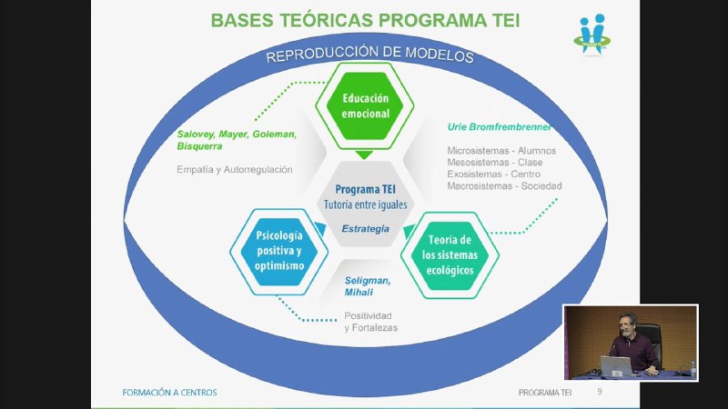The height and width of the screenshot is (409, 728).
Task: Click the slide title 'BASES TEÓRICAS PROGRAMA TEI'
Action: [365, 20]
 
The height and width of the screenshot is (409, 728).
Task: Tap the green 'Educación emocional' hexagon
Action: [365, 105]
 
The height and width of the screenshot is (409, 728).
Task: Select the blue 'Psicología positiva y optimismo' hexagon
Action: [279, 252]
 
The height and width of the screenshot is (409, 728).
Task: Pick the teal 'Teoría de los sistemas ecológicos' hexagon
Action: [450, 255]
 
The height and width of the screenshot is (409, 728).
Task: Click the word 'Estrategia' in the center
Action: [366, 229]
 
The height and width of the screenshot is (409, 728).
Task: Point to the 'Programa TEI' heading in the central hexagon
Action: [366, 189]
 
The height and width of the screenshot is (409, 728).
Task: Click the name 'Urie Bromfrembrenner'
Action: [499, 127]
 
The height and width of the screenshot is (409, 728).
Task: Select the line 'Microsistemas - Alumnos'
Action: [501, 151]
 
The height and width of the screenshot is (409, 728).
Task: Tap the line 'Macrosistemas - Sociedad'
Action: [504, 186]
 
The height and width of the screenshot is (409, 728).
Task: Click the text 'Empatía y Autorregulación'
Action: [235, 170]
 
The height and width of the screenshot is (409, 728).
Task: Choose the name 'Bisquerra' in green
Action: [199, 146]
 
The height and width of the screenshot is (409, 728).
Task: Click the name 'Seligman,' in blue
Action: [368, 281]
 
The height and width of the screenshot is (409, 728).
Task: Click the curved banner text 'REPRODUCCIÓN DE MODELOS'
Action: [369, 54]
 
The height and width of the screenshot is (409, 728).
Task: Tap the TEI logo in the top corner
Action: [592, 35]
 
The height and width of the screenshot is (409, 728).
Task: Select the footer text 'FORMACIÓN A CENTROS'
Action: [169, 393]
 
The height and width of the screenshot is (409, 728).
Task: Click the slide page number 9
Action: [600, 392]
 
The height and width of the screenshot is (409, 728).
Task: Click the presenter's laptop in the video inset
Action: [616, 366]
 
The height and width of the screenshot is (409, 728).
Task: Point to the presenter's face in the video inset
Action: [628, 325]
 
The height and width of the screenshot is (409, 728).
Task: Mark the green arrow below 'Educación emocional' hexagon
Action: [364, 155]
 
